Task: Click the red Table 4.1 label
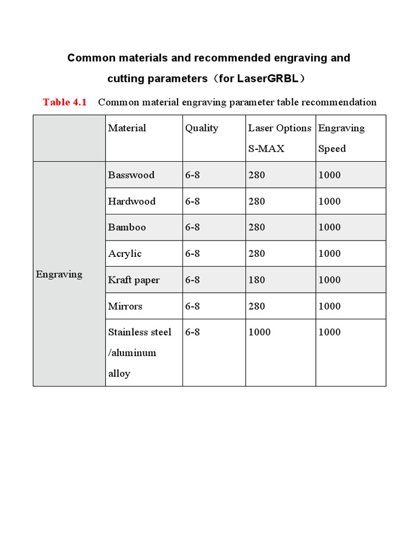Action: click(x=65, y=102)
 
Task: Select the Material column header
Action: click(x=127, y=128)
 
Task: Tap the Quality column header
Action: click(x=201, y=128)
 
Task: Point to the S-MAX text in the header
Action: click(x=266, y=149)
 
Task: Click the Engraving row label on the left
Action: click(x=59, y=274)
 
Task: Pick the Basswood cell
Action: click(x=131, y=175)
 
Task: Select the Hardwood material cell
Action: click(x=131, y=201)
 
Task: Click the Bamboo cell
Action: click(x=127, y=228)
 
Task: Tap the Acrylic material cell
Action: click(x=124, y=254)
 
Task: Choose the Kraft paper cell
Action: click(x=134, y=280)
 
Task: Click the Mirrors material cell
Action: click(x=125, y=306)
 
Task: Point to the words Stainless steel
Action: click(x=140, y=332)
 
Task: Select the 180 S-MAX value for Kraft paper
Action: click(x=256, y=280)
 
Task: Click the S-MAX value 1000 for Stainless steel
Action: click(x=259, y=332)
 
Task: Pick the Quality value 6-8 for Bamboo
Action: click(x=192, y=228)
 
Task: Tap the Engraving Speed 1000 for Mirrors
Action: click(x=329, y=306)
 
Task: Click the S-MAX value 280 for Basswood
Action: click(x=256, y=175)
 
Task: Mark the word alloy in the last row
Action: click(x=119, y=374)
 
